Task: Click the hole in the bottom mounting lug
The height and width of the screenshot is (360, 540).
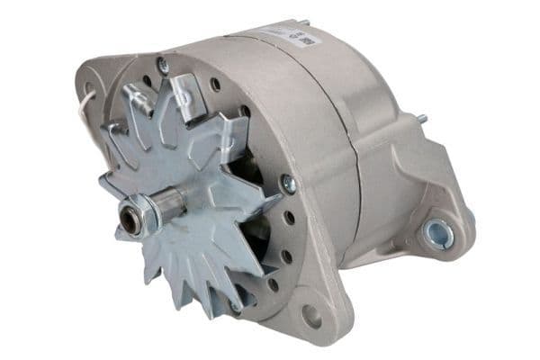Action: [x=311, y=316]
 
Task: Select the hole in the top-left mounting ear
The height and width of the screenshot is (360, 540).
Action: [x=88, y=89]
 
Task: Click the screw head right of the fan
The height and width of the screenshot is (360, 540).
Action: [x=289, y=184]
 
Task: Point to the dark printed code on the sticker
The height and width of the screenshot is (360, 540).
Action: [x=304, y=40]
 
